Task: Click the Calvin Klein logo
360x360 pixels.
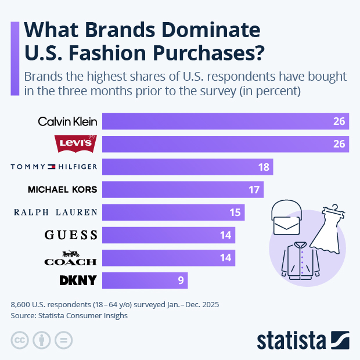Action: pyautogui.click(x=67, y=121)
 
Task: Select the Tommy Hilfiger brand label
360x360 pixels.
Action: pyautogui.click(x=54, y=167)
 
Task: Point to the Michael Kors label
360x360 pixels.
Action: pyautogui.click(x=63, y=189)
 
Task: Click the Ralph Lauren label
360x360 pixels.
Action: pyautogui.click(x=55, y=213)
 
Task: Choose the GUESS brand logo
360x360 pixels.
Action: pyautogui.click(x=71, y=235)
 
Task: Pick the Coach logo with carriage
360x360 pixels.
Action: pyautogui.click(x=70, y=258)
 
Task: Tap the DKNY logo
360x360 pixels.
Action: pyautogui.click(x=78, y=281)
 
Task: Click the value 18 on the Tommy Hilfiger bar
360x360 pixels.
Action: pyautogui.click(x=264, y=167)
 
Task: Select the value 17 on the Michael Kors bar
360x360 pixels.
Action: pyautogui.click(x=254, y=189)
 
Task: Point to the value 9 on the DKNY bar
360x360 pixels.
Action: pyautogui.click(x=181, y=281)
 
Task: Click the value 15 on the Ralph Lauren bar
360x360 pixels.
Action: pyautogui.click(x=235, y=213)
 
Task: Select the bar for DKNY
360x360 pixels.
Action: pyautogui.click(x=145, y=281)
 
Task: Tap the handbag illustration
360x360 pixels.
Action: pyautogui.click(x=289, y=218)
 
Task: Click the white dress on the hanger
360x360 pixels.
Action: pyautogui.click(x=329, y=228)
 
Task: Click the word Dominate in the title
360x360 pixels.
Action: pyautogui.click(x=204, y=30)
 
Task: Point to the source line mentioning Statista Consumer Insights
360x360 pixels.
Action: pyautogui.click(x=69, y=316)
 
